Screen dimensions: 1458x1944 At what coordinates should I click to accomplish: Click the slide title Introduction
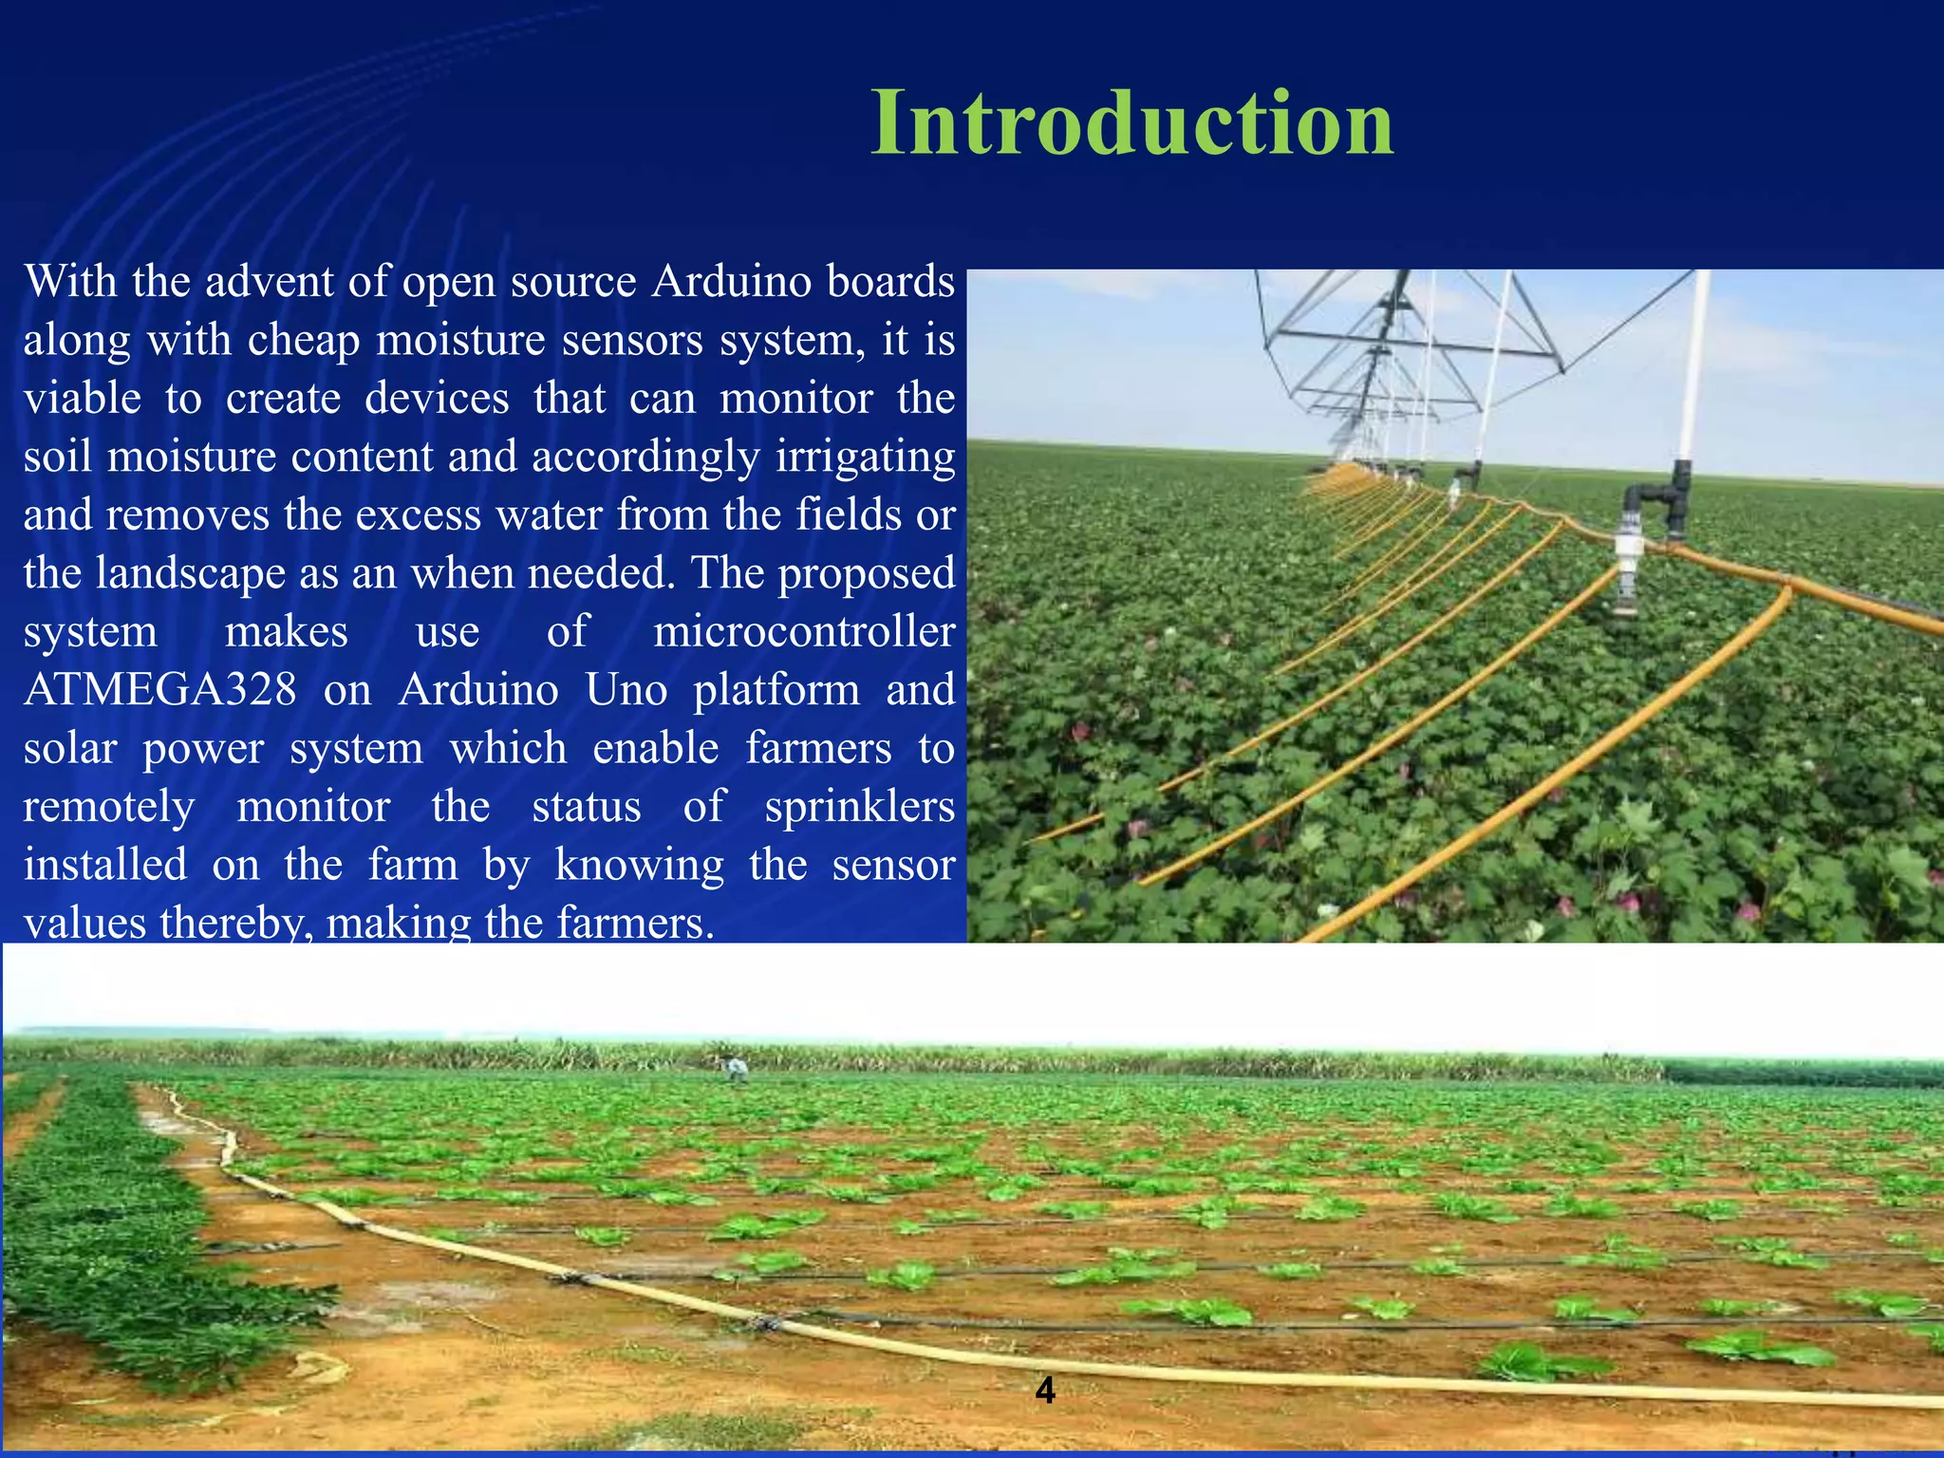1131,123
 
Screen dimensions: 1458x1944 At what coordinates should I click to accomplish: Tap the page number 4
1045,1391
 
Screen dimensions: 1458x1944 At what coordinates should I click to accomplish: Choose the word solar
70,749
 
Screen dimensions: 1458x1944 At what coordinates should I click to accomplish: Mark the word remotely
109,807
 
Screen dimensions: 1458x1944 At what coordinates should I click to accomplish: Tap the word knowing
639,866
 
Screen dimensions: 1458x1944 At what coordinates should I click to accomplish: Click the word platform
776,690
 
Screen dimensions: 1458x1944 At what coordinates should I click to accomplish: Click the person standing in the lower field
736,1070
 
